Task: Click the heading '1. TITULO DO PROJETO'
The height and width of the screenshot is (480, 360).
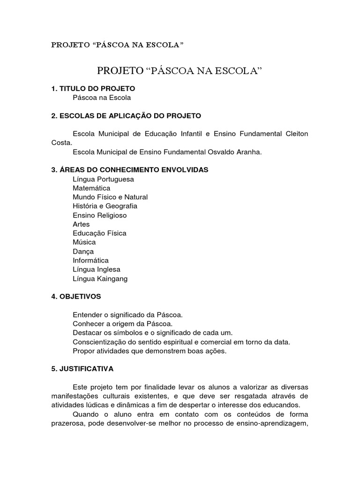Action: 93,88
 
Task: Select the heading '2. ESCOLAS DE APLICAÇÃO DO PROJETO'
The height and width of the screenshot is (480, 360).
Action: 126,115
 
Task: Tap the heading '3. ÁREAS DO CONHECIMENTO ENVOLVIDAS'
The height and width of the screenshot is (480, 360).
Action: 130,169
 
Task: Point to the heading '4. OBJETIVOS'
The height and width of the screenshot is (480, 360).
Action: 76,296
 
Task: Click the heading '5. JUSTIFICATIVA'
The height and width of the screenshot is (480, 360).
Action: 82,369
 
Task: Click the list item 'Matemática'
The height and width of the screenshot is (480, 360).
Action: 91,188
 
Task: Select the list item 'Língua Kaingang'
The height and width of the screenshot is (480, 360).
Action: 100,278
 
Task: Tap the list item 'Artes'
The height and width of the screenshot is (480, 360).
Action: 81,224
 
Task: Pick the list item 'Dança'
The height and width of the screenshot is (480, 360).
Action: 83,251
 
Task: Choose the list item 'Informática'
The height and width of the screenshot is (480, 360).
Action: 90,260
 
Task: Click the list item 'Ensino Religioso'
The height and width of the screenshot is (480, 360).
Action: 100,215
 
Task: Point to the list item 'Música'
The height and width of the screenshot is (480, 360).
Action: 84,242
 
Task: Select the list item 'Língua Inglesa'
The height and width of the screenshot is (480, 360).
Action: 97,270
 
